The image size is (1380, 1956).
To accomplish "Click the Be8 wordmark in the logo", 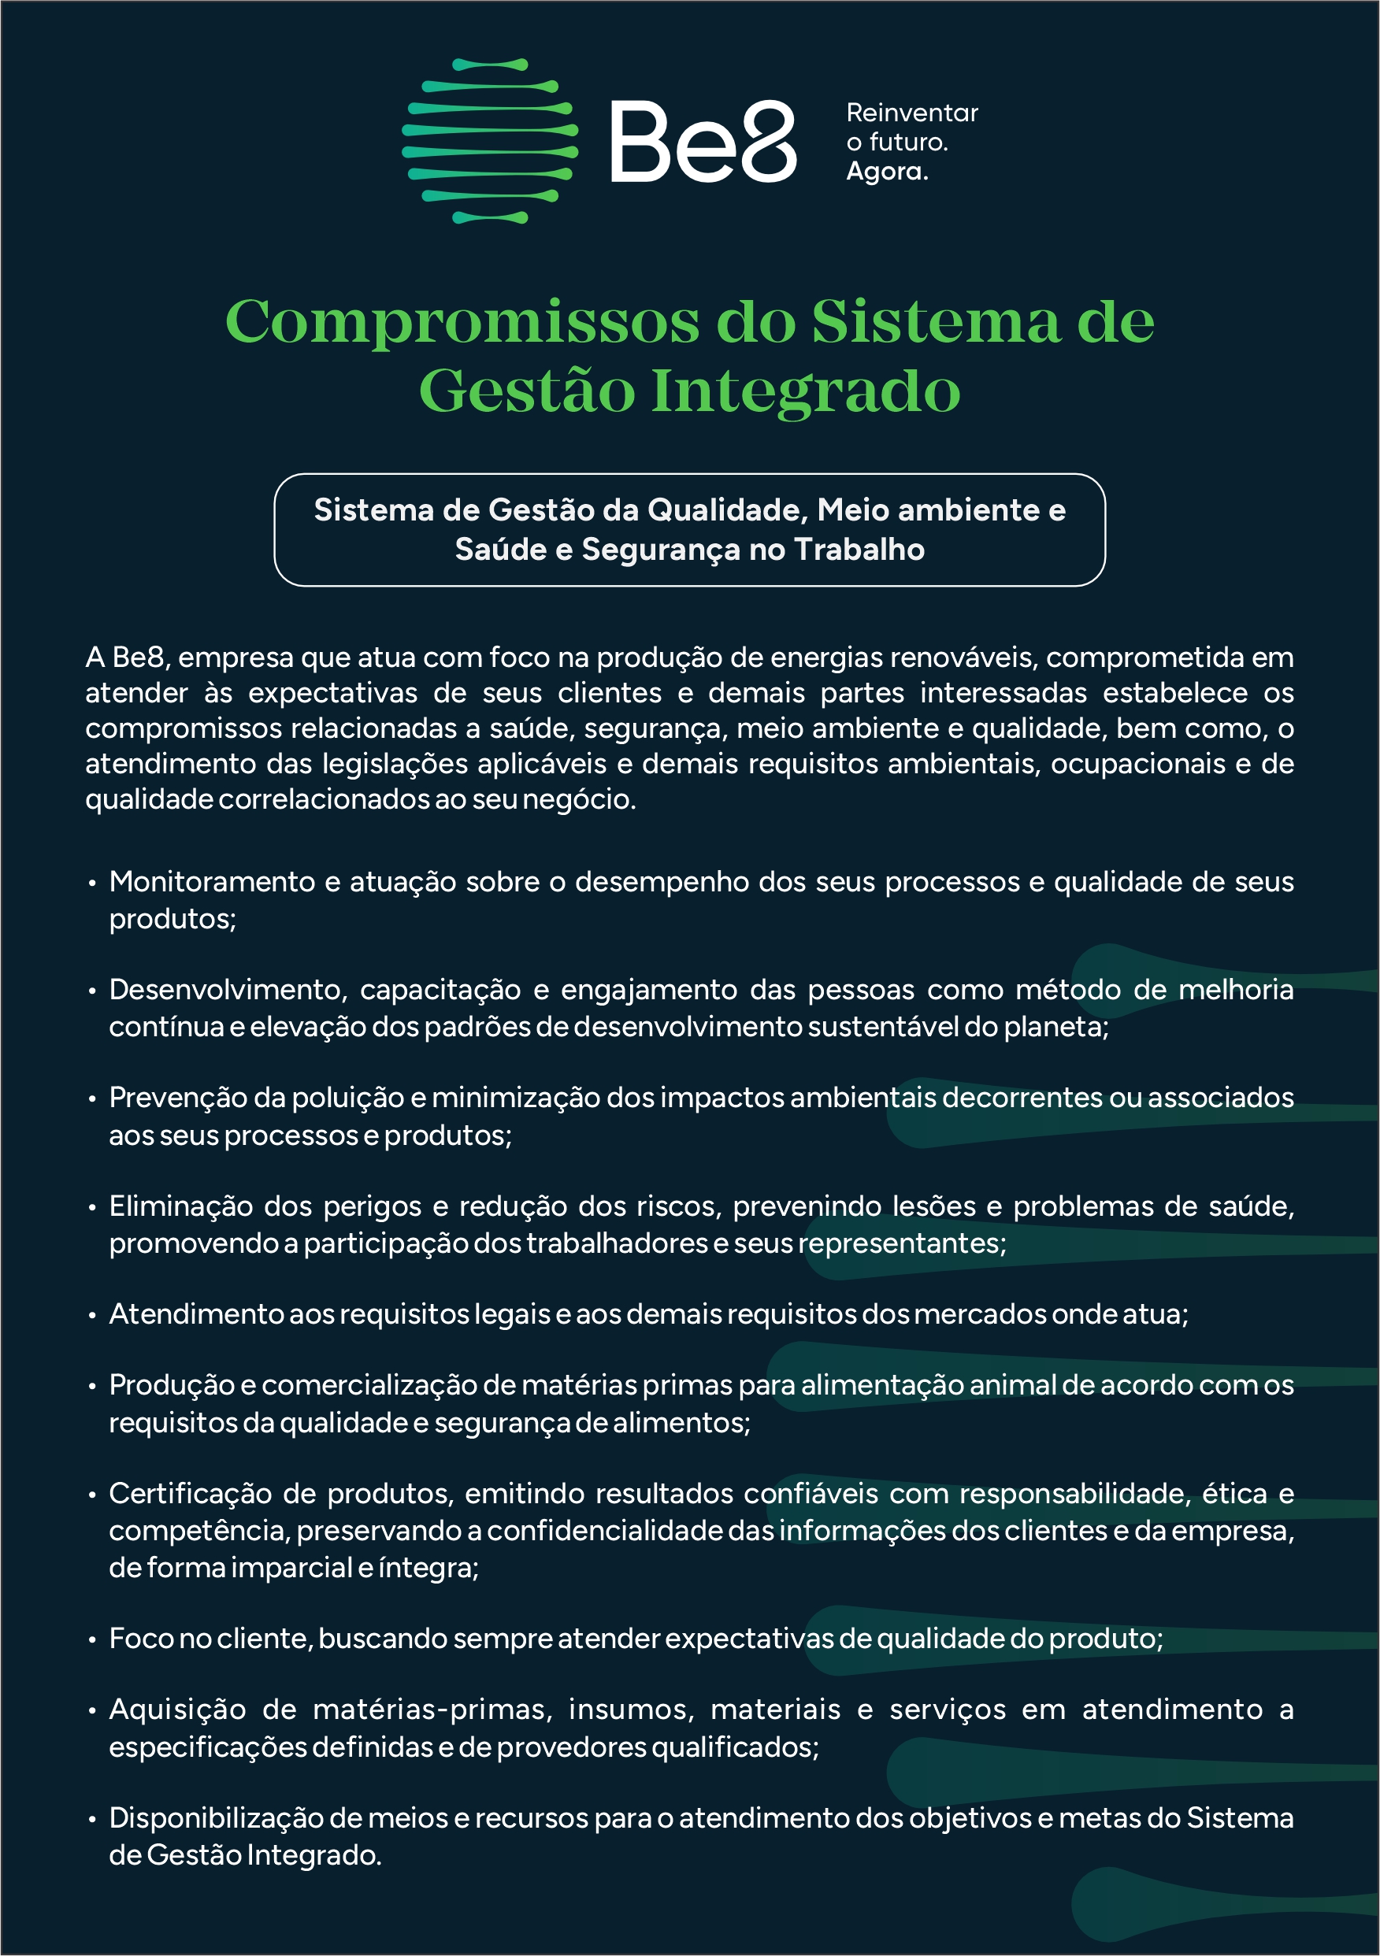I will point(703,142).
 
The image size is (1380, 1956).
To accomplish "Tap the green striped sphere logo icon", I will point(490,142).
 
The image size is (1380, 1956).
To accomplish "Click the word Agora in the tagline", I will point(885,171).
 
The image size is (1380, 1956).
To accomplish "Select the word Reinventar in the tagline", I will point(912,113).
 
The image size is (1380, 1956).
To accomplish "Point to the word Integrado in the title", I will point(806,392).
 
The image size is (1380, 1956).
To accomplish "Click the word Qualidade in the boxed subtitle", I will point(727,509).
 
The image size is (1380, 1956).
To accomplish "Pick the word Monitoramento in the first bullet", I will point(212,882).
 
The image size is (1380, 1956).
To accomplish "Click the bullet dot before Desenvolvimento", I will point(92,991).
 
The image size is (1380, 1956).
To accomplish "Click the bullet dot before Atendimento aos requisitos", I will point(92,1315).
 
